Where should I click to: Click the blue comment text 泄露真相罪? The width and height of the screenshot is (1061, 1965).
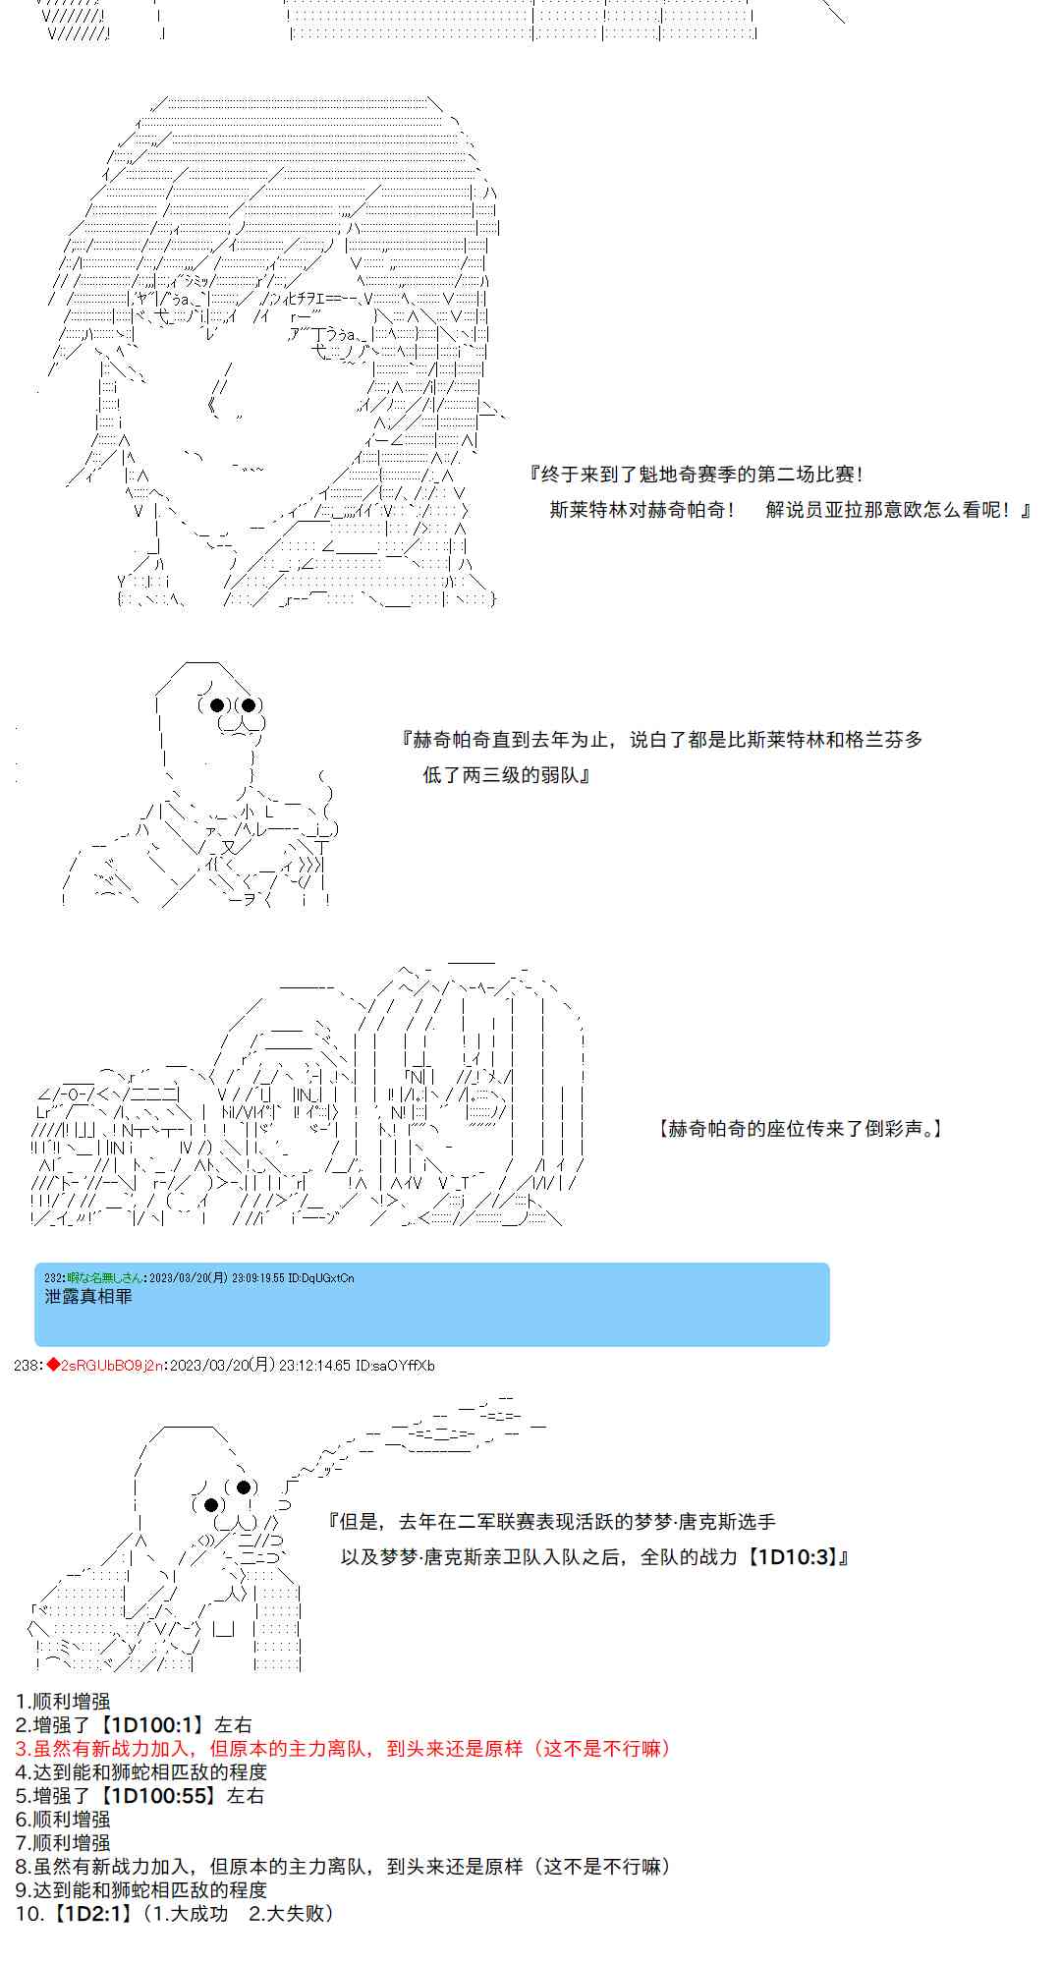(88, 1296)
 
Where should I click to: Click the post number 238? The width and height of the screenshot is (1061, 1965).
(26, 1366)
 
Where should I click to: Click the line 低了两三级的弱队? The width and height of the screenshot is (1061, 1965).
(506, 775)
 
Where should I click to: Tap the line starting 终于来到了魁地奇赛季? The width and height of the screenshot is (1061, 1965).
(697, 475)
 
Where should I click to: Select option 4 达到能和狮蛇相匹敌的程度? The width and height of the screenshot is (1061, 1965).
(141, 1771)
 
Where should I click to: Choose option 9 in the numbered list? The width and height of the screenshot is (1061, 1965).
(141, 1889)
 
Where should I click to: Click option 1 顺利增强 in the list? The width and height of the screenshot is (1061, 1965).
(64, 1701)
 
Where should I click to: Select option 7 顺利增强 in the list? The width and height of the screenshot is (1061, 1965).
(64, 1842)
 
